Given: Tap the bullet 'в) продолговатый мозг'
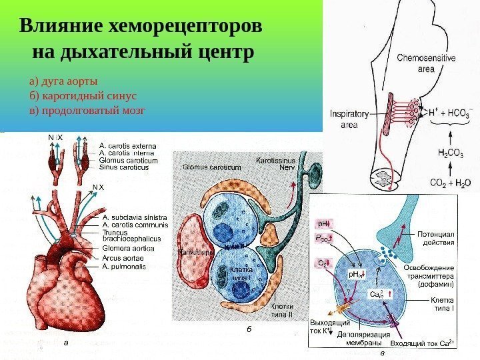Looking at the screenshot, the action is pyautogui.click(x=87, y=110).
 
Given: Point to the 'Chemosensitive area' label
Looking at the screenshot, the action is pyautogui.click(x=426, y=62).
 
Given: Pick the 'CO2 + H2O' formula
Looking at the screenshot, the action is pyautogui.click(x=450, y=182).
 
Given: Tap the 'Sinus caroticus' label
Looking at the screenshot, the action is pyautogui.click(x=123, y=168).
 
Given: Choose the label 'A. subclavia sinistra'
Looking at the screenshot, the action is pyautogui.click(x=135, y=217).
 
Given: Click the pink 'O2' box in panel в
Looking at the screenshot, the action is pyautogui.click(x=322, y=264).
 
